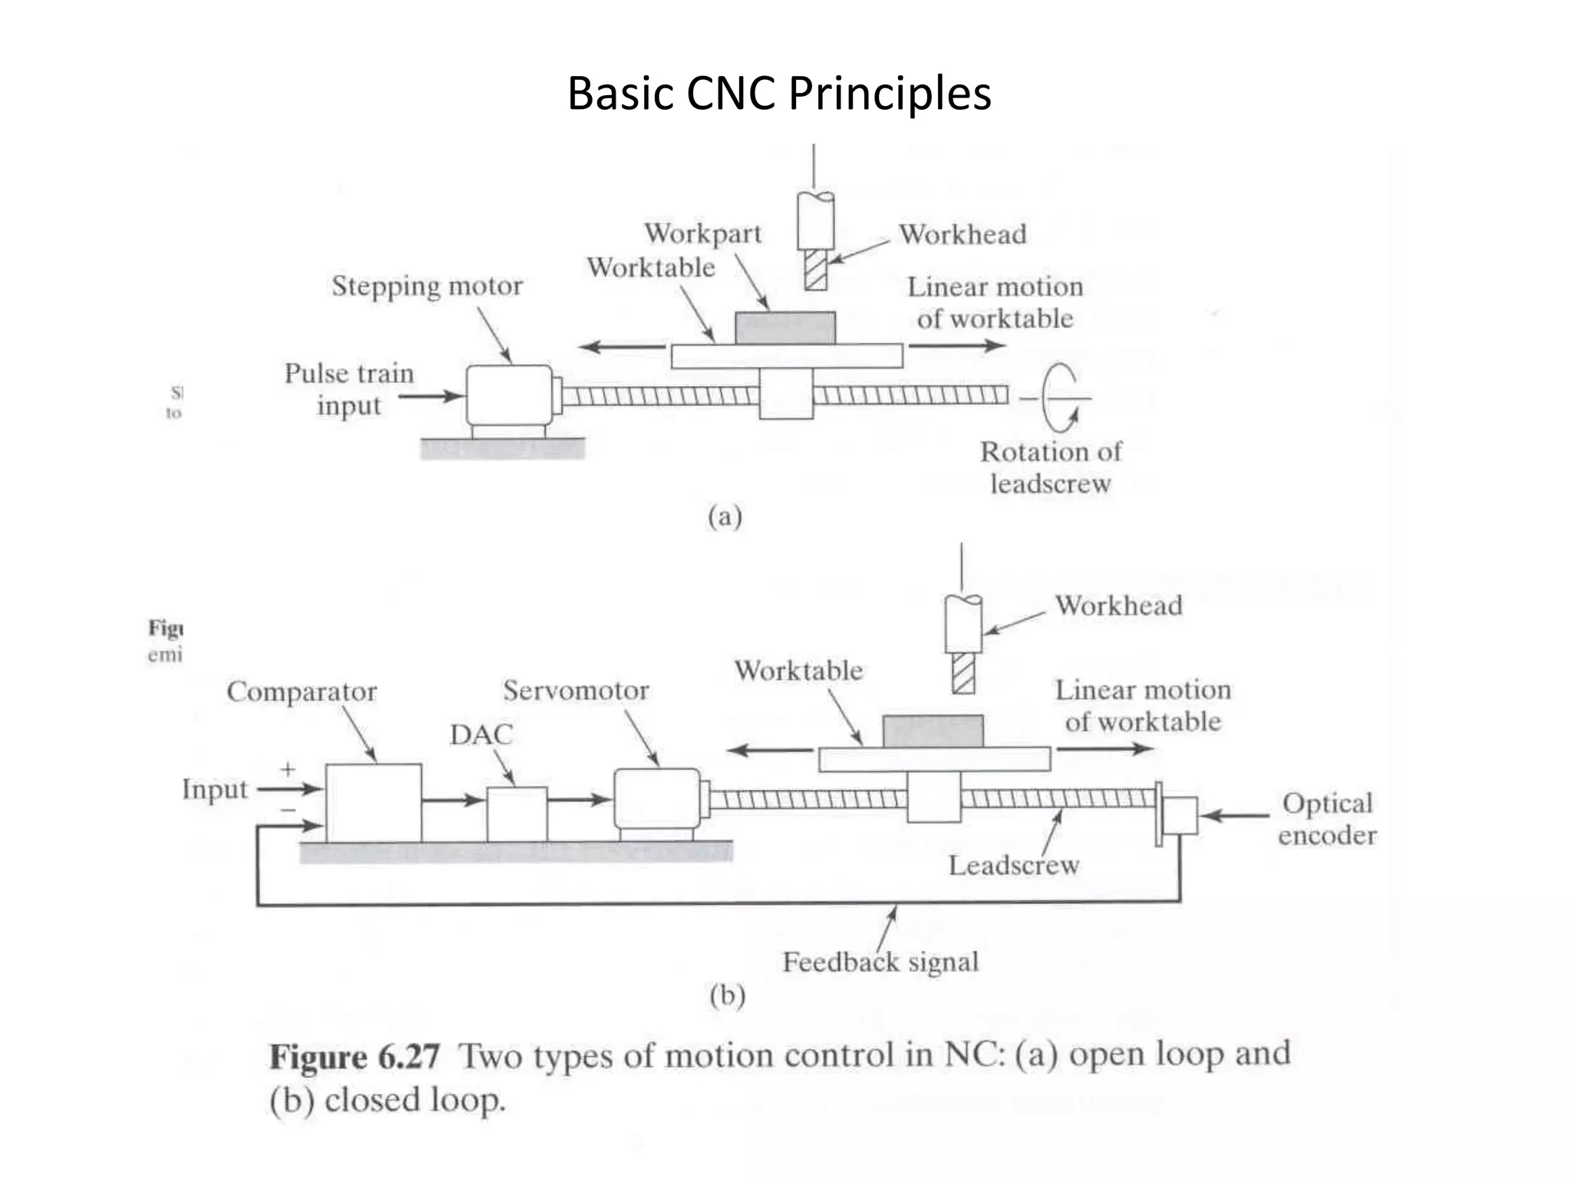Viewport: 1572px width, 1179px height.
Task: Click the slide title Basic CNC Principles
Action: (x=779, y=94)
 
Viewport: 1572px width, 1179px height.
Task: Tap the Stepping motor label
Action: (x=427, y=286)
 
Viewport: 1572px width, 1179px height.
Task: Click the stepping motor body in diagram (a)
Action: (x=508, y=395)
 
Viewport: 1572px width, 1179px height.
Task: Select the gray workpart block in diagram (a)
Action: (x=785, y=328)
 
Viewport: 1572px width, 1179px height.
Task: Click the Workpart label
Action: (x=702, y=233)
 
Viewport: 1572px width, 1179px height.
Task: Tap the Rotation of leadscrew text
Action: (x=1050, y=467)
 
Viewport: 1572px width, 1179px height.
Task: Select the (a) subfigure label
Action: (x=725, y=517)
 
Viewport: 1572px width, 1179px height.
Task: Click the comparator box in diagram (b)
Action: (x=373, y=802)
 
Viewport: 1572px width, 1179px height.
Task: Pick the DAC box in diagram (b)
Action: (x=517, y=814)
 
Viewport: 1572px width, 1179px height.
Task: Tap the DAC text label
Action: (x=481, y=735)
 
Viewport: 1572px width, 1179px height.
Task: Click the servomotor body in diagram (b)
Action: (x=656, y=798)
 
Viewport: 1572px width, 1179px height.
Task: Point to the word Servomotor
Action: (x=576, y=690)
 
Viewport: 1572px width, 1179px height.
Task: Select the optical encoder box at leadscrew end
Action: (x=1180, y=815)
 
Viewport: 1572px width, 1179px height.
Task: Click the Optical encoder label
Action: (x=1326, y=819)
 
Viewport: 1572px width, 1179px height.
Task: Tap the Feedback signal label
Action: (x=880, y=962)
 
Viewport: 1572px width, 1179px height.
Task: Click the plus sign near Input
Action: (x=288, y=768)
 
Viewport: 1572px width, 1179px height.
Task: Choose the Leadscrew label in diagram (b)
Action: (x=1013, y=866)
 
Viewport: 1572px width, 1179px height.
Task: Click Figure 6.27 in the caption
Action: (x=354, y=1057)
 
